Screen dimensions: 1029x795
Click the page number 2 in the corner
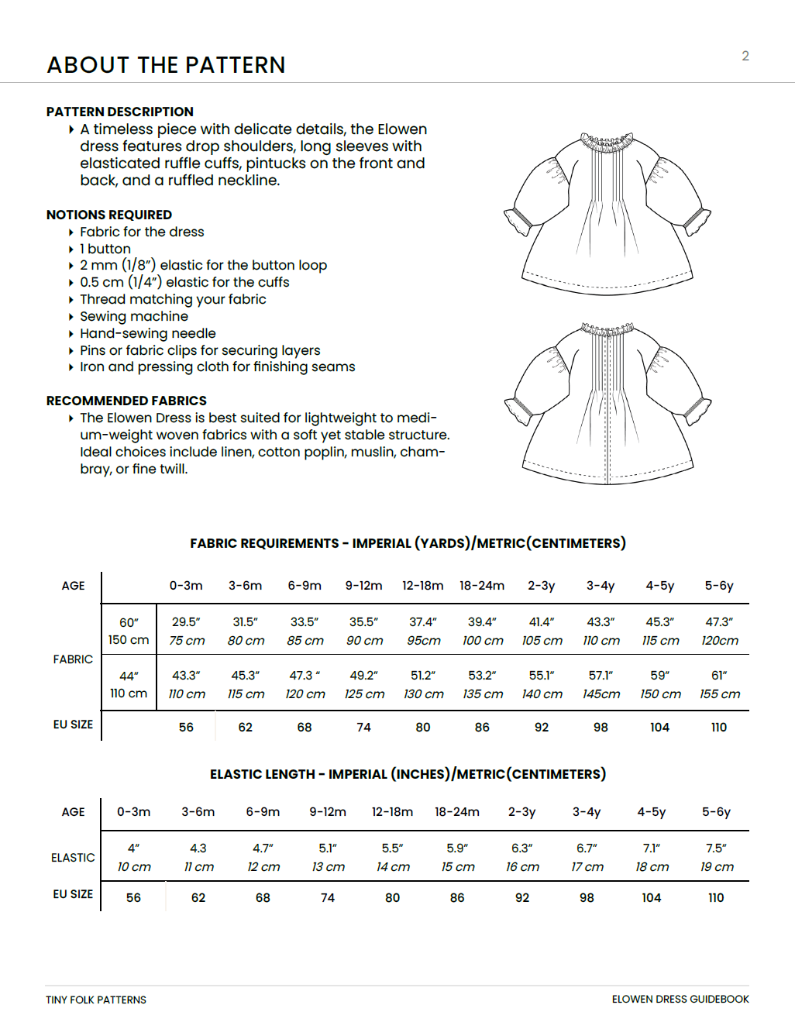click(x=745, y=56)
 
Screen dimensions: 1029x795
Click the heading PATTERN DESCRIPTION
click(x=120, y=112)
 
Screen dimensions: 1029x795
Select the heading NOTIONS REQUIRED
click(x=109, y=215)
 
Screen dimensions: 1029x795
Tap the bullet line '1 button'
click(x=105, y=249)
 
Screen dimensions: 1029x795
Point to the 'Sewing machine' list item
click(x=134, y=316)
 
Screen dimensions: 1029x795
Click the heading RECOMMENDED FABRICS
click(x=126, y=401)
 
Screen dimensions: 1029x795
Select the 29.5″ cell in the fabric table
click(x=186, y=621)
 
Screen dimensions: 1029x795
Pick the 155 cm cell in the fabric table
click(x=720, y=694)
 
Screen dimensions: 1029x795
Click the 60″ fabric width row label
click(x=129, y=622)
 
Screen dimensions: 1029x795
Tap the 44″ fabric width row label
click(x=129, y=676)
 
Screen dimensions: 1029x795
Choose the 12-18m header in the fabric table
click(x=423, y=586)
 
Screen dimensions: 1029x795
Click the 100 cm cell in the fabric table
click(x=483, y=641)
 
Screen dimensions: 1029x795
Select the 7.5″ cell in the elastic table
click(x=716, y=848)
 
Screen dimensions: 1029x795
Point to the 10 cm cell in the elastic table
click(x=134, y=867)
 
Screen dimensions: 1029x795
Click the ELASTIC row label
click(x=73, y=858)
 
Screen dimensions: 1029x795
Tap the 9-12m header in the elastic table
click(x=328, y=812)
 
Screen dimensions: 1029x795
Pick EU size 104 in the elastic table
click(x=652, y=898)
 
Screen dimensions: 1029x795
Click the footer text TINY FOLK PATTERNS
click(x=96, y=1000)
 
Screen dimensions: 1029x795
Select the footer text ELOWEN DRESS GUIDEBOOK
click(x=680, y=1000)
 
